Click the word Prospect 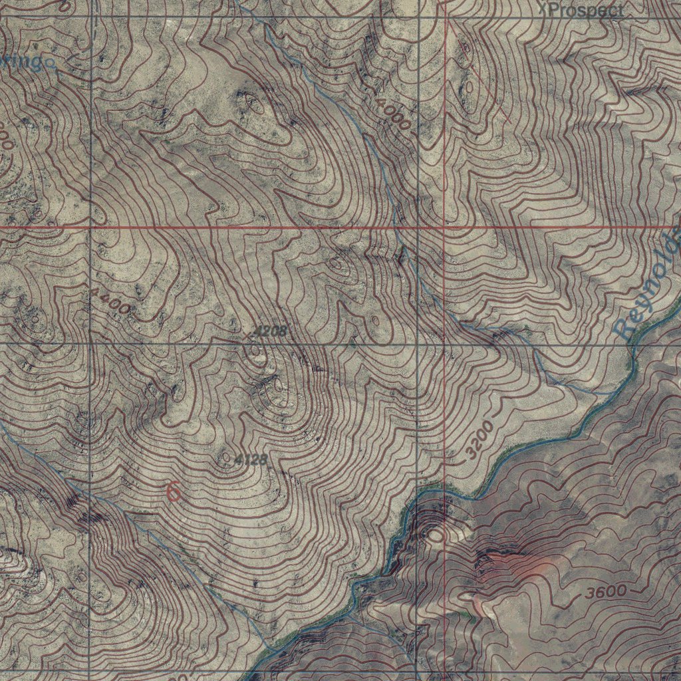[586, 10]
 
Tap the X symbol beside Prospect [542, 9]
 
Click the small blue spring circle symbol [50, 64]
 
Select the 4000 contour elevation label [392, 114]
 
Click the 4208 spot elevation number [269, 331]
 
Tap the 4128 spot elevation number [251, 460]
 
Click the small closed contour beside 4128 [226, 458]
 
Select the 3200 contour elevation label [480, 440]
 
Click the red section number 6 [173, 492]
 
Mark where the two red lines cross [444, 227]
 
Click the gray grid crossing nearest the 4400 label [89, 343]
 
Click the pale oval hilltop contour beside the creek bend [436, 533]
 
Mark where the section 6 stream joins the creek [269, 648]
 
